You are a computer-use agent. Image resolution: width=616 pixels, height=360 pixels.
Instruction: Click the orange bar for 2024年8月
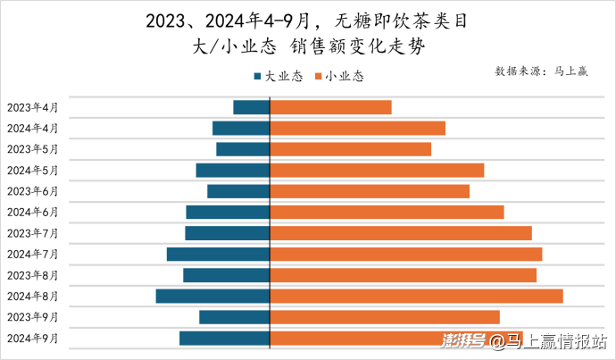(x=416, y=296)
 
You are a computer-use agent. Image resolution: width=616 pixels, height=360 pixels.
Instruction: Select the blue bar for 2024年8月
(x=212, y=296)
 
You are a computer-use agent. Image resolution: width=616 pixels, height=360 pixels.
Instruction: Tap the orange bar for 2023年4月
(x=330, y=107)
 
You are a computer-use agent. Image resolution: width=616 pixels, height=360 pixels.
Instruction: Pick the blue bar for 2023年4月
(x=251, y=107)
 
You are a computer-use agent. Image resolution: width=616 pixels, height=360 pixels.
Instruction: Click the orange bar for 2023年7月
(x=401, y=233)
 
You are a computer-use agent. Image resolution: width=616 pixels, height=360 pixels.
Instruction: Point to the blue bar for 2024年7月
(x=218, y=255)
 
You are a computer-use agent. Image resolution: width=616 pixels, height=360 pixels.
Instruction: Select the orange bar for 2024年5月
(x=377, y=170)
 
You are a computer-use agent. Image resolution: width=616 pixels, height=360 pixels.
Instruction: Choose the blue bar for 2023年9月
(x=234, y=317)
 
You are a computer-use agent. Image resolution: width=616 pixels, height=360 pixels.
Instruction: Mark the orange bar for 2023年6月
(x=370, y=191)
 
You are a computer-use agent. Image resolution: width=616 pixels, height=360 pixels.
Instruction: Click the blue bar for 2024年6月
(x=228, y=212)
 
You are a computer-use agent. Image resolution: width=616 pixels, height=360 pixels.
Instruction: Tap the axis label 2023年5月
(x=33, y=149)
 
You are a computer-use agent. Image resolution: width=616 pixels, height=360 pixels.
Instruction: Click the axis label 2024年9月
(x=33, y=338)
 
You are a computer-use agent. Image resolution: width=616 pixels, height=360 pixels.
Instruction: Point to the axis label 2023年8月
(x=33, y=275)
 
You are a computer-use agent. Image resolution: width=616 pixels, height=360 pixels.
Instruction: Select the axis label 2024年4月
(x=33, y=128)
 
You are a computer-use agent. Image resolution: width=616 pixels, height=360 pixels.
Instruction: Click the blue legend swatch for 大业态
(x=258, y=77)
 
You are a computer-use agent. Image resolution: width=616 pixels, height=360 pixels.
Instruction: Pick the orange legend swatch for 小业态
(x=320, y=77)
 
